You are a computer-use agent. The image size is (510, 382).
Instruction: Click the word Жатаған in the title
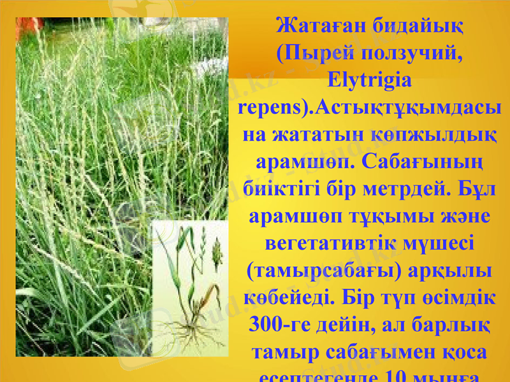click(x=317, y=27)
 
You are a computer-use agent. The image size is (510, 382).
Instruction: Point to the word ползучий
click(x=417, y=55)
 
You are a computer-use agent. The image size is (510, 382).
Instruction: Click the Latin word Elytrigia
click(x=368, y=82)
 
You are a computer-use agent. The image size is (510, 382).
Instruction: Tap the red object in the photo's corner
click(x=29, y=25)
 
